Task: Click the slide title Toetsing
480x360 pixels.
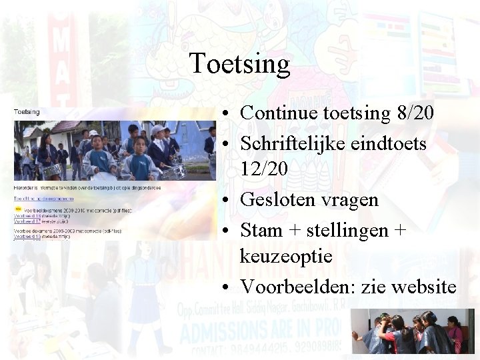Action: pyautogui.click(x=240, y=64)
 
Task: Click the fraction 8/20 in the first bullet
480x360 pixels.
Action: pyautogui.click(x=414, y=113)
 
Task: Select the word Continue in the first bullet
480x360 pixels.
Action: pyautogui.click(x=277, y=113)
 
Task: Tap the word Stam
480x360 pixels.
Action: pyautogui.click(x=261, y=231)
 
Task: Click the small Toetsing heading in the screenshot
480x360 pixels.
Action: pyautogui.click(x=27, y=112)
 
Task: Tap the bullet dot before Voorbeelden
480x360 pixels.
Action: pyautogui.click(x=228, y=287)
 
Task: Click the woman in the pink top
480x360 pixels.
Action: pyautogui.click(x=455, y=333)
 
